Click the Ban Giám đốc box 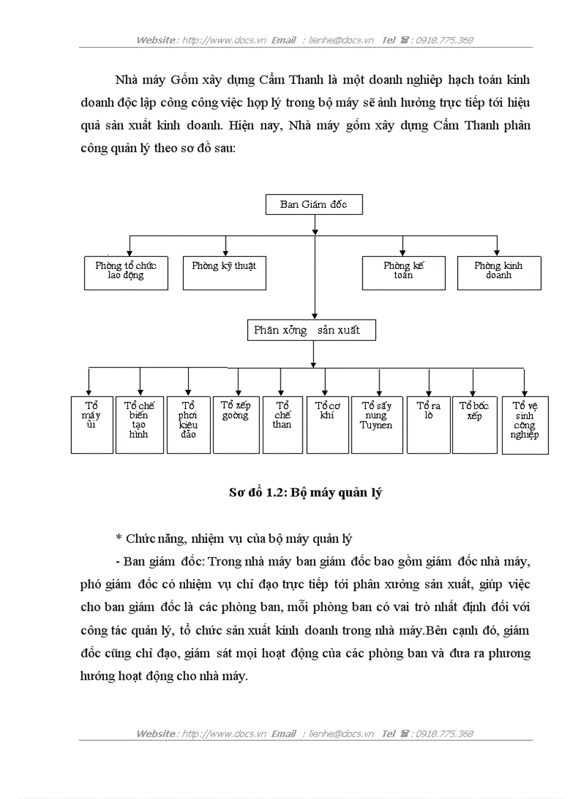[314, 204]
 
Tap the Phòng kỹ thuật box [224, 272]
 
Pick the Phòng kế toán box [404, 272]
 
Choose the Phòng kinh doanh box [498, 272]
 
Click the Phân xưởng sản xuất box [312, 330]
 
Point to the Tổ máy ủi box [92, 424]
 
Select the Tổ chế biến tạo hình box [139, 424]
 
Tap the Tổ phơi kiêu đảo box [188, 424]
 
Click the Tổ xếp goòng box [236, 424]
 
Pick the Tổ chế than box [282, 424]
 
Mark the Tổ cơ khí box [328, 424]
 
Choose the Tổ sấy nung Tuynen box [377, 424]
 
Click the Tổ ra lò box [429, 424]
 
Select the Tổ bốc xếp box [474, 424]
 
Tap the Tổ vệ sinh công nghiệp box [525, 424]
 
